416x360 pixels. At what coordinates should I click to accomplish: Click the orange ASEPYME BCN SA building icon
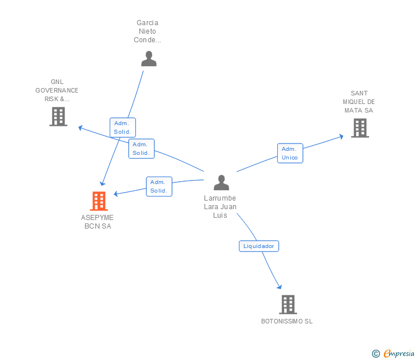(99, 201)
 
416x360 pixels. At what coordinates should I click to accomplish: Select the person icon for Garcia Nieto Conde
(149, 59)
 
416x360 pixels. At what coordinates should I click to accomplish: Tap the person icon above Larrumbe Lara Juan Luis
(221, 182)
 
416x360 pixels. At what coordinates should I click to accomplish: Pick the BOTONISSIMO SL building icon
(288, 305)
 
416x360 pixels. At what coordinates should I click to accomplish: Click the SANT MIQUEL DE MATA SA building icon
(360, 128)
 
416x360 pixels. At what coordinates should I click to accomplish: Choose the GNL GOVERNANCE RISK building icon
(58, 117)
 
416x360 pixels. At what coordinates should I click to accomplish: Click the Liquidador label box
(259, 246)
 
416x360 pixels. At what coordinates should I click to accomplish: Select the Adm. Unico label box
(290, 153)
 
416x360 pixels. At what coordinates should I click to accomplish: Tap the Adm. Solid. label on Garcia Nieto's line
(122, 127)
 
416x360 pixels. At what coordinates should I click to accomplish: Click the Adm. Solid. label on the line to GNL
(141, 149)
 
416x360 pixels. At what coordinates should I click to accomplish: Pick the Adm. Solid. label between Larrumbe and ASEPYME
(159, 187)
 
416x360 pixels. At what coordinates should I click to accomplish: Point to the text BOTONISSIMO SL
(287, 321)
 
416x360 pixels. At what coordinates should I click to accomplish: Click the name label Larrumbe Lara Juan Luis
(220, 207)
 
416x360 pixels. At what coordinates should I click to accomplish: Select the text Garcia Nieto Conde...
(147, 31)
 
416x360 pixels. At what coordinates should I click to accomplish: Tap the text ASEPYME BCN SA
(98, 222)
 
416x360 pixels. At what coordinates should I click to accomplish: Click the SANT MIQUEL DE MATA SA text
(359, 102)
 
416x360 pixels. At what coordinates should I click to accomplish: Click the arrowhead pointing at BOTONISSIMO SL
(279, 287)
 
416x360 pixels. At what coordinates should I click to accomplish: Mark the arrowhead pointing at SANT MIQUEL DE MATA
(341, 136)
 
